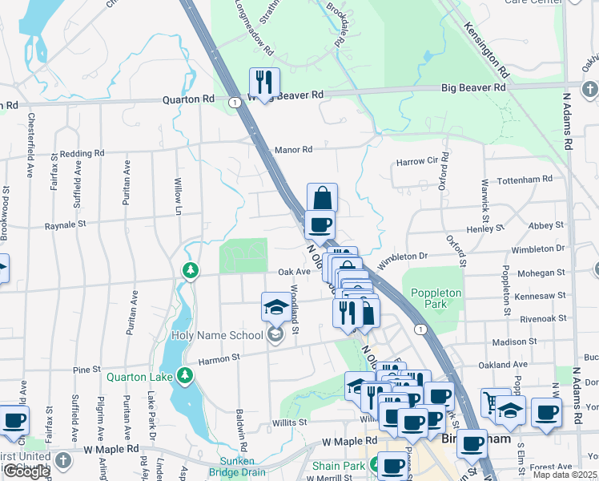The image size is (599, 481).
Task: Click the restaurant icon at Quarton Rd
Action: [x=263, y=82]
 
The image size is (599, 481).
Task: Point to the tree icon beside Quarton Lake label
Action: [x=185, y=374]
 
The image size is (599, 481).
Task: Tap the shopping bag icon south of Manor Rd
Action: [x=321, y=197]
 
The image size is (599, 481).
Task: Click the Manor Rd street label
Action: [x=292, y=150]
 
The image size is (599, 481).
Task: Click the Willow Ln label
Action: [x=179, y=196]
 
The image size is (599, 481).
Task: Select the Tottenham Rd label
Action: [x=525, y=180]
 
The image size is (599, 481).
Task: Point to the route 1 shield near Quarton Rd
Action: [x=234, y=103]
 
